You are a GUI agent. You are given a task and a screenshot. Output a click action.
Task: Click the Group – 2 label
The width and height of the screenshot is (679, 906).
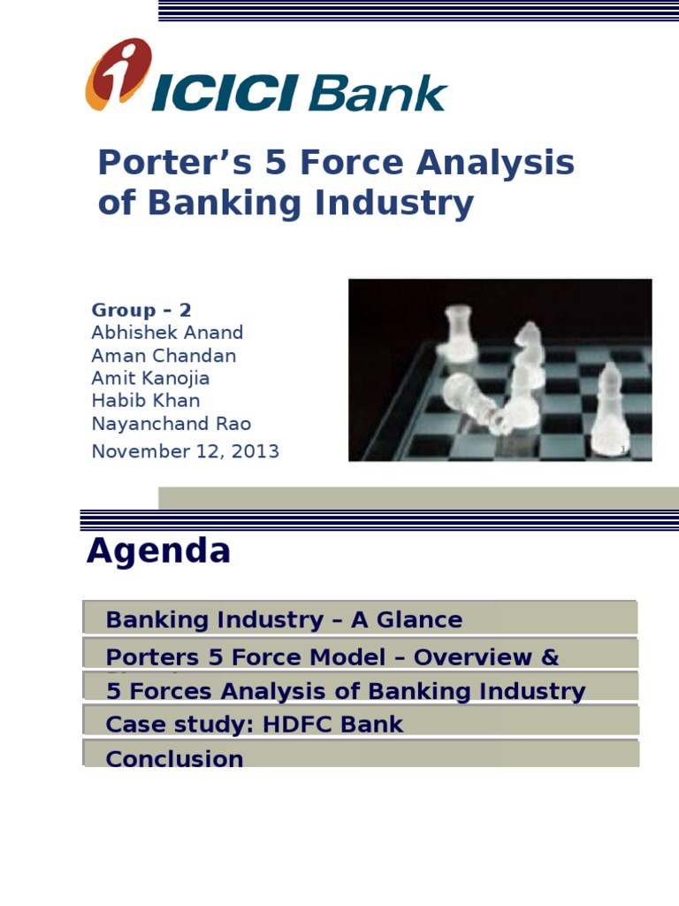141,311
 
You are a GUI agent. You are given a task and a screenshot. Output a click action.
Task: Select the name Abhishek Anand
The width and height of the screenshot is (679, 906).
167,333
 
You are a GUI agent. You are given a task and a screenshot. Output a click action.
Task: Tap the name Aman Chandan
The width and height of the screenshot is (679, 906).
164,356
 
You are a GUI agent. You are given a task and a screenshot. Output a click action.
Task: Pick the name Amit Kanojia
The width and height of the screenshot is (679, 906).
150,379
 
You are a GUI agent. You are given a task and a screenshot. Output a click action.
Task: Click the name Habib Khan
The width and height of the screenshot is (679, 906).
146,401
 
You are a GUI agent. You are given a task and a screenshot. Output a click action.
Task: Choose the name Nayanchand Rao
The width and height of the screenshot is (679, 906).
172,424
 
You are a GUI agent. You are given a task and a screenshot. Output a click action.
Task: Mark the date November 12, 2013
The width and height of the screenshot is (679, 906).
185,451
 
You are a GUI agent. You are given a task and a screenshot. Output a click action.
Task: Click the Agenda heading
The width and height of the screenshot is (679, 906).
158,551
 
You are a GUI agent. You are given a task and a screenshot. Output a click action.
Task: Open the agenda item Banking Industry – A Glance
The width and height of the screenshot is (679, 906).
283,619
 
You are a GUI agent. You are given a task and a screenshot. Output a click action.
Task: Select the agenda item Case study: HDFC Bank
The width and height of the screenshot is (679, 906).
254,725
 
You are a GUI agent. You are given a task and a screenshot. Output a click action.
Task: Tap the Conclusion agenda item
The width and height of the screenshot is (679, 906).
174,758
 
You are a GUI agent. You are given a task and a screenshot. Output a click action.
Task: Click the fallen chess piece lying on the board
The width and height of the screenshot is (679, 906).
473,403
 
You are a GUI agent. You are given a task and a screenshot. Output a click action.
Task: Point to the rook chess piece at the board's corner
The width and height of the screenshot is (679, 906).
459,334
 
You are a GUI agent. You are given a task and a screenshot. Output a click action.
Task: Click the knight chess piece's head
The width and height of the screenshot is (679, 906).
529,336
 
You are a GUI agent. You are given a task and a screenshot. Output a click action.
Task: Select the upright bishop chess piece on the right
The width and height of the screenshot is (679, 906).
610,407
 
